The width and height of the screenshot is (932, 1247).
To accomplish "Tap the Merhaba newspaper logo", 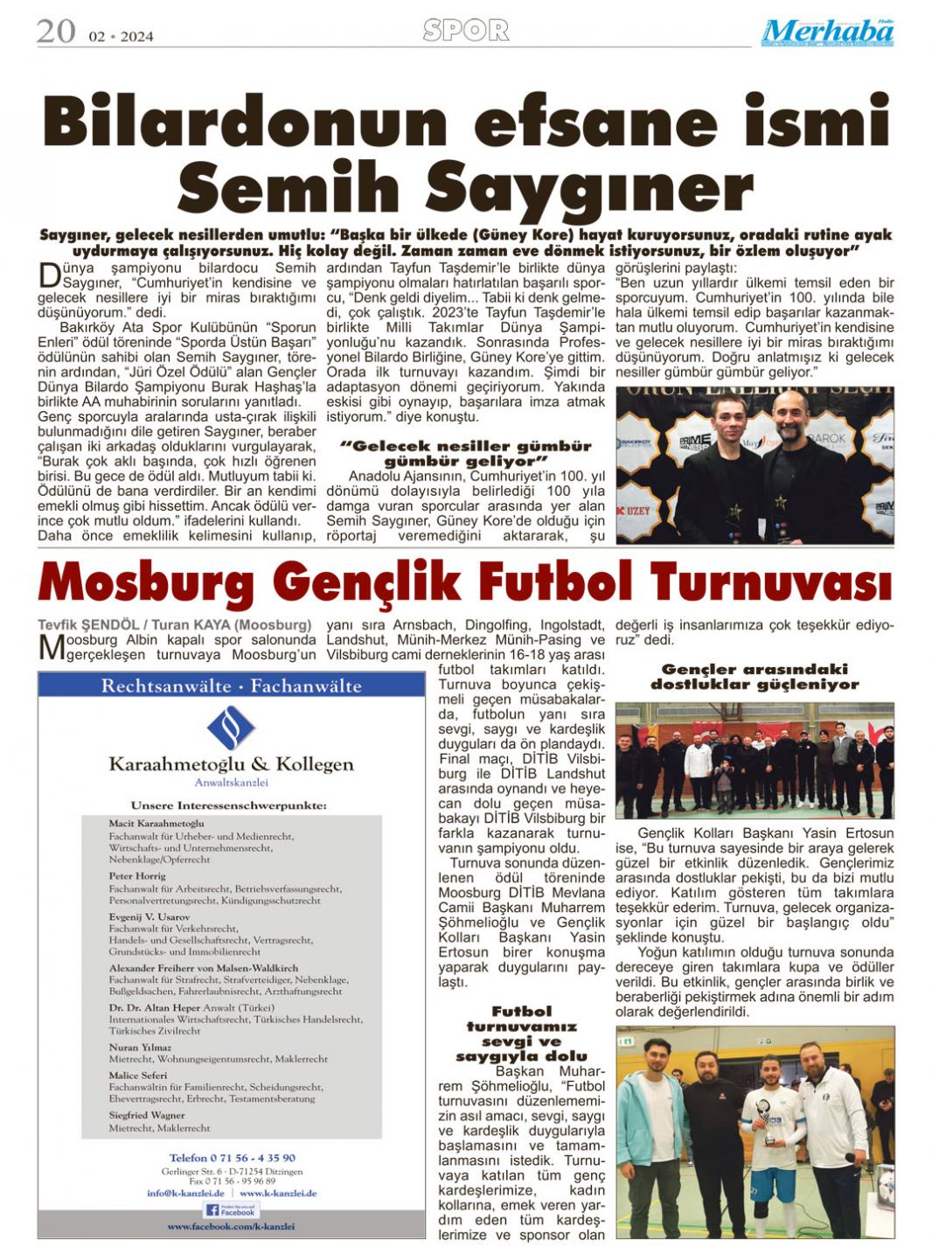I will [x=827, y=32].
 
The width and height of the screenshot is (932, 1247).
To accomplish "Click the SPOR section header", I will [x=465, y=31].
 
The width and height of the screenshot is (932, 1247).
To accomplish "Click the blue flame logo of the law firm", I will [x=232, y=727].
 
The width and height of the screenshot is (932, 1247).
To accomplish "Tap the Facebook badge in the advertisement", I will [x=231, y=1210].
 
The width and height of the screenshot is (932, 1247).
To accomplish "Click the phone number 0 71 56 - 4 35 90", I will [x=232, y=1158].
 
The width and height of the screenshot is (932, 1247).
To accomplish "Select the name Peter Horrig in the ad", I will [x=137, y=874].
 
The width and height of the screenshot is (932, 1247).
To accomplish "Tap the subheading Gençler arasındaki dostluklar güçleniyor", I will [x=754, y=677].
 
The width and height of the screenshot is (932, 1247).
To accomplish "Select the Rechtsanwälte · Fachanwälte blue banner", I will [x=232, y=686].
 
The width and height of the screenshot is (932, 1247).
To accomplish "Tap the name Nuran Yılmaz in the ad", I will [x=140, y=1048].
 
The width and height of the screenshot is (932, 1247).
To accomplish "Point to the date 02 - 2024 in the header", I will [x=121, y=36].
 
